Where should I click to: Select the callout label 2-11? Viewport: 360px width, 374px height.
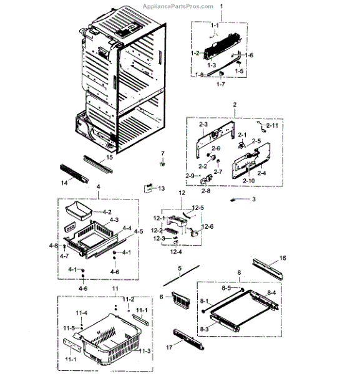273,125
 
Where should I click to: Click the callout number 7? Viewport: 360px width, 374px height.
162,153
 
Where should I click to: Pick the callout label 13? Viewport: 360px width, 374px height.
161,188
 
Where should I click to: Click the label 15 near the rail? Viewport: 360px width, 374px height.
110,158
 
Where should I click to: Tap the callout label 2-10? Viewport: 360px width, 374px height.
248,181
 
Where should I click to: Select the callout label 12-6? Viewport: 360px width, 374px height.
208,226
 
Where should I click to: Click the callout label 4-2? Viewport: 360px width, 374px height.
107,212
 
